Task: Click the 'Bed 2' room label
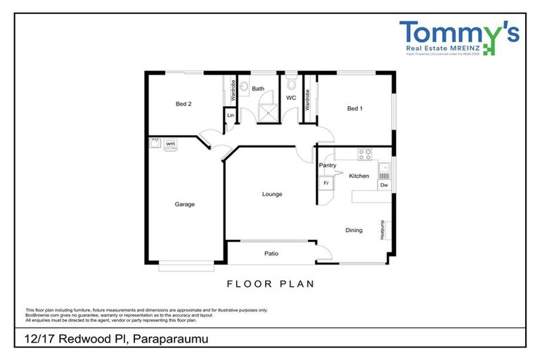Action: [x=184, y=104]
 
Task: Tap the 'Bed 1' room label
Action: [x=355, y=108]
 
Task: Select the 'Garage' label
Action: [x=185, y=205]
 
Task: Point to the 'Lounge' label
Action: [x=272, y=194]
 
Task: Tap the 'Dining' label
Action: [x=354, y=230]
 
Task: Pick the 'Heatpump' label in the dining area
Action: [x=382, y=230]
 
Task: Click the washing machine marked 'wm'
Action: [x=170, y=143]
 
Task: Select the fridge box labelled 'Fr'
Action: [x=326, y=184]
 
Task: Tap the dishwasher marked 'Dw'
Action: [x=384, y=185]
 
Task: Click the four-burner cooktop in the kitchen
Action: [x=365, y=154]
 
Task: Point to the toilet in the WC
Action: [x=290, y=79]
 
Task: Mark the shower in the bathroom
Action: [x=265, y=112]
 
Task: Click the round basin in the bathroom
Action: [x=244, y=88]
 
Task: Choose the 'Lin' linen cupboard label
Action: [x=230, y=115]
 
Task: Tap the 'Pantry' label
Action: [x=327, y=165]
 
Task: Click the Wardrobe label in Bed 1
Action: [x=307, y=99]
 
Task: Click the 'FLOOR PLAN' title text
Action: [x=270, y=284]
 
